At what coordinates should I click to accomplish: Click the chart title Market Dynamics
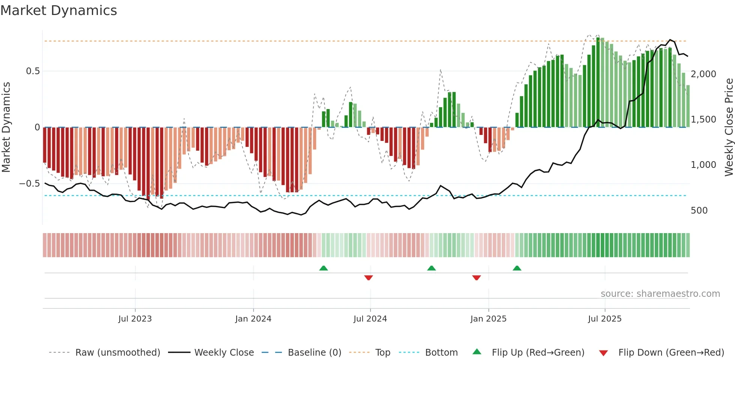tap(59, 10)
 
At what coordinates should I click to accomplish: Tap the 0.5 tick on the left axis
tap(33, 71)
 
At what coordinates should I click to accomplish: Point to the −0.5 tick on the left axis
tap(30, 184)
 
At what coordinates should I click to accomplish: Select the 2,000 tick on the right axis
tap(703, 74)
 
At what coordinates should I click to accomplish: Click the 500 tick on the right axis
tap(699, 211)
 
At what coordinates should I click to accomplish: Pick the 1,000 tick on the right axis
tap(703, 165)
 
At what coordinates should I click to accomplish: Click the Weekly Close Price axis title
tap(729, 127)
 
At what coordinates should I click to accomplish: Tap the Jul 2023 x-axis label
tap(135, 319)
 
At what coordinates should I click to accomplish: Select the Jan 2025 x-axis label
tap(488, 319)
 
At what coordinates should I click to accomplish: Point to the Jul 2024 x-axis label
tap(370, 319)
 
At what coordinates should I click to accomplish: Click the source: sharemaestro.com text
tap(660, 294)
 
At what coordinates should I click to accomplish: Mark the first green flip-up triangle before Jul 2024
tap(324, 268)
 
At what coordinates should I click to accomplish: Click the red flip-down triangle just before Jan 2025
tap(476, 278)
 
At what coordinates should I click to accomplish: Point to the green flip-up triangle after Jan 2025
tap(517, 268)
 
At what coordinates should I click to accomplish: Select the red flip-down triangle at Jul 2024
tap(368, 278)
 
